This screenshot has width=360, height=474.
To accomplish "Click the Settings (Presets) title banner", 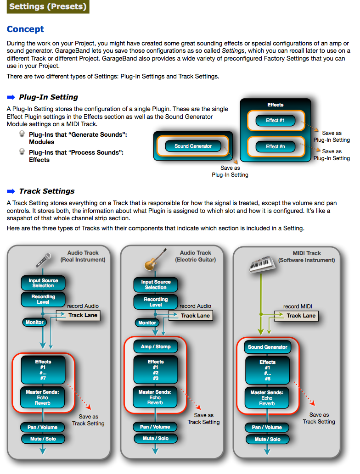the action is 48,6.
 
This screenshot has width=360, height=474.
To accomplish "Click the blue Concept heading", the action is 25,29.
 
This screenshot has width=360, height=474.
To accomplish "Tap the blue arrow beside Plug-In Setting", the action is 11,97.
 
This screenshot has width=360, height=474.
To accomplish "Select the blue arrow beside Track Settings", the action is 11,191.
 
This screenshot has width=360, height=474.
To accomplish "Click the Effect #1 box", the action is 276,120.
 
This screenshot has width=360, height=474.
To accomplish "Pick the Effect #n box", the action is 276,147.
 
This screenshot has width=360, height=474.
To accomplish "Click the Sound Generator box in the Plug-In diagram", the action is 193,146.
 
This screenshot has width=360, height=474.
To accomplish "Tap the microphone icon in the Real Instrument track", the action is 43,260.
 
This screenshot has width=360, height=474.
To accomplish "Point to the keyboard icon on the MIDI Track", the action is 262,264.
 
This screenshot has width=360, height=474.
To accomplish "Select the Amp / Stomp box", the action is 156,346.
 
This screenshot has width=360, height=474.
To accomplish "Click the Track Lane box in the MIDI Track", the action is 296,316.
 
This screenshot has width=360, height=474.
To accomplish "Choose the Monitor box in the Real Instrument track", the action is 34,322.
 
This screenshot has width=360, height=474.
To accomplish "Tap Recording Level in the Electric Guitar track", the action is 156,301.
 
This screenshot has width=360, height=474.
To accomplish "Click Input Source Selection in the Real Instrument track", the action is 43,283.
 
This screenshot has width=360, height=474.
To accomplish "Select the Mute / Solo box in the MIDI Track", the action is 267,439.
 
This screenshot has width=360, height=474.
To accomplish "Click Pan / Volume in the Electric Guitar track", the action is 155,427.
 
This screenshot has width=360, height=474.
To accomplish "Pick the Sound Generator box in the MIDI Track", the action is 267,347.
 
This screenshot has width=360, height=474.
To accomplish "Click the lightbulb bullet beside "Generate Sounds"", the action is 22,134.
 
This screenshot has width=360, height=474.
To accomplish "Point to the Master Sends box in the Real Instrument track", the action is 42,397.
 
